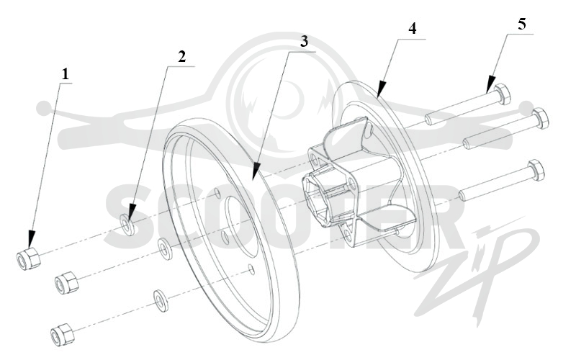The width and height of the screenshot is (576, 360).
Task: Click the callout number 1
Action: coord(65,75)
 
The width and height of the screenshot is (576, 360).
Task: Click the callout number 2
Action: coord(182,57)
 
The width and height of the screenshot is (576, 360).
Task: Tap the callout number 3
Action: coord(304,42)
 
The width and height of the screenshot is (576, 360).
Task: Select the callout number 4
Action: coord(413,29)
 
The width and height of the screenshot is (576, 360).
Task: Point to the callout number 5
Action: coord(521,24)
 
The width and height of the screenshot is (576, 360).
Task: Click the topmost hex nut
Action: coord(29,258)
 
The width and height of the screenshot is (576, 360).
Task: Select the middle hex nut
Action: coord(66,283)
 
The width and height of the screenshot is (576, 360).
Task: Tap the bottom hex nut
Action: coord(62,334)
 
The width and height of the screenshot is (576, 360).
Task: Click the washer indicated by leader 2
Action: coord(127,225)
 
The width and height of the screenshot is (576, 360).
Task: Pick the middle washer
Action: coord(164,248)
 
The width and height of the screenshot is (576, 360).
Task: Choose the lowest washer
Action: coord(160,300)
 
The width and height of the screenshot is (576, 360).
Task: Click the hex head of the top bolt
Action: coord(502,94)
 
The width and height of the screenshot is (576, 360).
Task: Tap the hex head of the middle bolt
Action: coord(540,118)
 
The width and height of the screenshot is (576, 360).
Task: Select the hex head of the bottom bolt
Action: coord(536,170)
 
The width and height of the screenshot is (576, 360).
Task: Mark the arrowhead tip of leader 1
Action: coord(30,247)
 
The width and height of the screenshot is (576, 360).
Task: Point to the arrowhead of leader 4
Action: coord(379,96)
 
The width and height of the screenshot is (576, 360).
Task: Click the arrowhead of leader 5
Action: coord(487,92)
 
